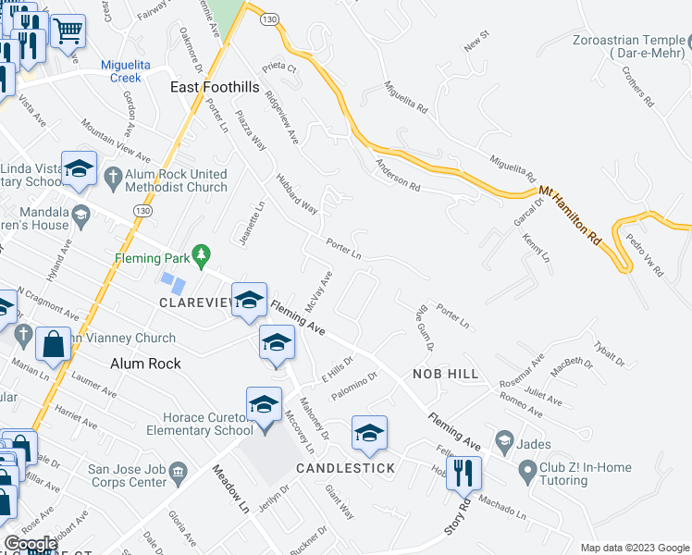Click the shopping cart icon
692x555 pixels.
[68, 31]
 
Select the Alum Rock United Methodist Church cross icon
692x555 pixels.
[113, 176]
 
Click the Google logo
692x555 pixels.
[31, 544]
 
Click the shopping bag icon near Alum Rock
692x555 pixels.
[54, 344]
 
